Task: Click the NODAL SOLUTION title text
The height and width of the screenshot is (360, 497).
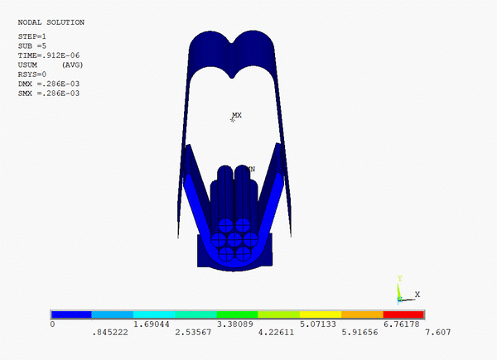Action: click(x=51, y=22)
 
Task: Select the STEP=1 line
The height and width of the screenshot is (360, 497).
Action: click(x=32, y=37)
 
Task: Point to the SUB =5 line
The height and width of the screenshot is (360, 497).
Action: click(x=32, y=46)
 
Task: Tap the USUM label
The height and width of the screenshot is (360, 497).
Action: click(x=28, y=65)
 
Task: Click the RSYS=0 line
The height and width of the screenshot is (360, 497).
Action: click(x=32, y=74)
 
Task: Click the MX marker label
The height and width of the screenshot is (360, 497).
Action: click(x=237, y=115)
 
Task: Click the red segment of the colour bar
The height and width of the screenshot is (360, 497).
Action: click(x=403, y=314)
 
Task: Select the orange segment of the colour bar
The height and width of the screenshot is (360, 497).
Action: click(x=362, y=314)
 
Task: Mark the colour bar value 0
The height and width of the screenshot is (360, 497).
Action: click(x=53, y=325)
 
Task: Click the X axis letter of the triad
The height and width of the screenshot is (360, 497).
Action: click(x=417, y=294)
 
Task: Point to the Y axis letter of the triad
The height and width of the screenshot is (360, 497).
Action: click(x=399, y=279)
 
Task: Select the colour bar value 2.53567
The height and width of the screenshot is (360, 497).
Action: click(x=192, y=334)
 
